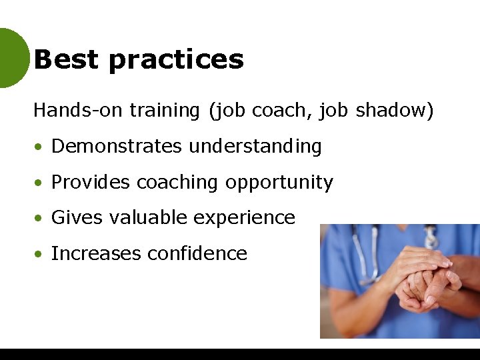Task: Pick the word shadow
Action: coord(394,110)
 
